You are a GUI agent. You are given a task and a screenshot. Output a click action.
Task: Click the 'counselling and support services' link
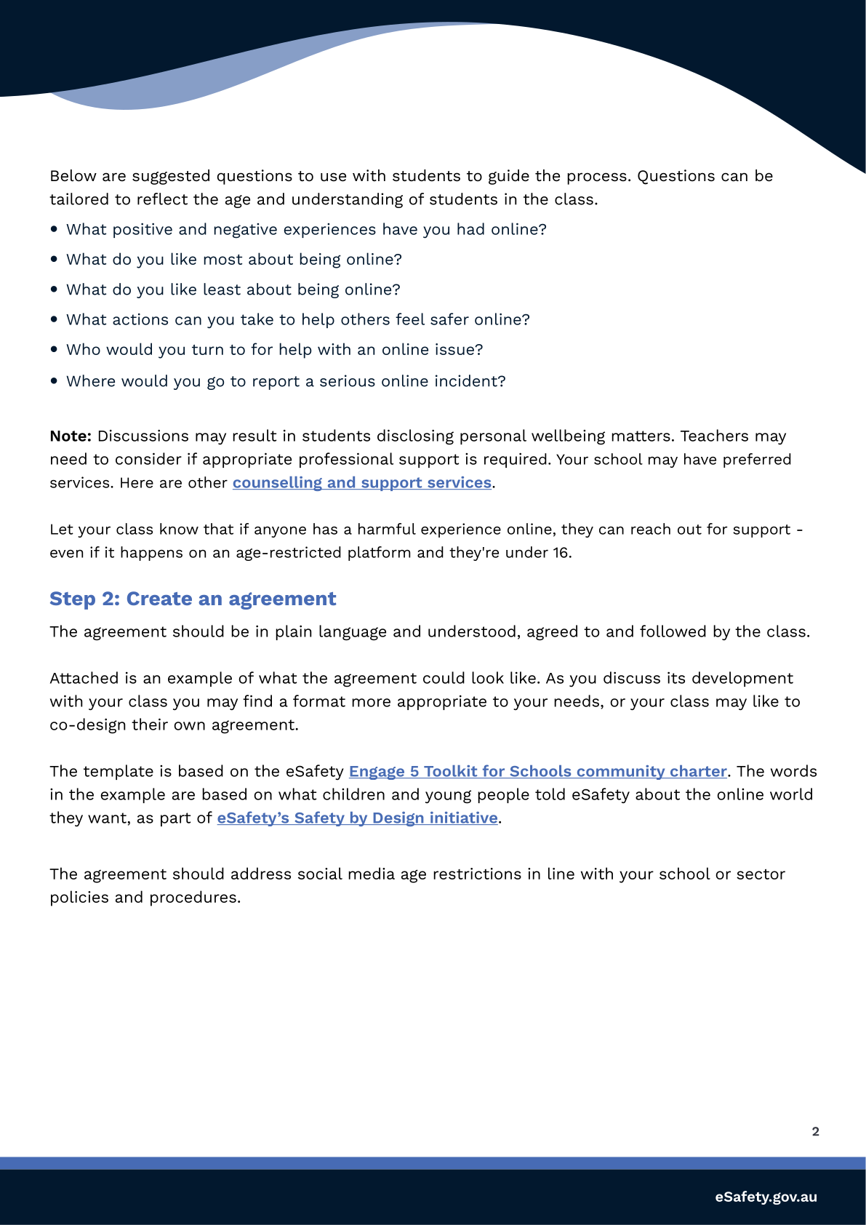coord(362,483)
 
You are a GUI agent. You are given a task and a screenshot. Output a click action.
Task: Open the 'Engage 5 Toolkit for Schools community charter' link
coord(537,772)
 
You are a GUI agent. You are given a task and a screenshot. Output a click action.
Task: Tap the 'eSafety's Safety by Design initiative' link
coord(357,818)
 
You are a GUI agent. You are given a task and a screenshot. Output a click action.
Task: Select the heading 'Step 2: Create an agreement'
coord(193,599)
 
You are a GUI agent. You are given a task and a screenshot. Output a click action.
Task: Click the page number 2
coord(815,1132)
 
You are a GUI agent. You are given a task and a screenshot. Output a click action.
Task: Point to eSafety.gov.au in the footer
coord(766,1197)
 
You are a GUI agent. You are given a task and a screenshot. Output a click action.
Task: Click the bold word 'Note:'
coord(71,436)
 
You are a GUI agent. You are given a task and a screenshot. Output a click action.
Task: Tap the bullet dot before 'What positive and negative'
coord(55,229)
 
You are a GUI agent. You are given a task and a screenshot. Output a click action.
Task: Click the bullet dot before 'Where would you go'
coord(55,381)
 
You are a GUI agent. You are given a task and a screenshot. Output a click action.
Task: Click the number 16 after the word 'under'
coord(561,553)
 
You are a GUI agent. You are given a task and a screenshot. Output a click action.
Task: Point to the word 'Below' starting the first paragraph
coord(73,176)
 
